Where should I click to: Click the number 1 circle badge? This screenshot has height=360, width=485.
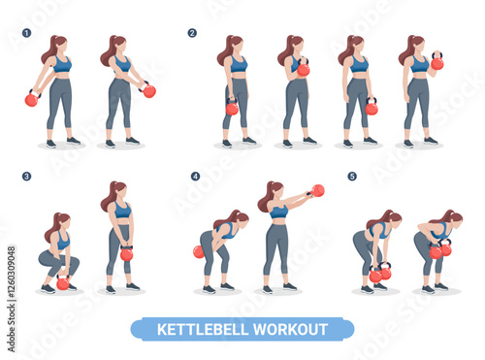26,33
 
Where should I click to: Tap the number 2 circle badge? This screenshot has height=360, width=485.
192,33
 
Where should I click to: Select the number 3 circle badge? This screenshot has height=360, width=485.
26,177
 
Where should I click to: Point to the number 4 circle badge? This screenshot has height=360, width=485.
195,177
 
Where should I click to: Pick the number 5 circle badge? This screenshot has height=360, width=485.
352,177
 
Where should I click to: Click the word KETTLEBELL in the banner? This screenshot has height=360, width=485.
204,330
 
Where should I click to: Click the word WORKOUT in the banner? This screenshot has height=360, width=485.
290,330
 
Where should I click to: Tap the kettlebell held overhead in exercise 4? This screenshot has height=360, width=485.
316,191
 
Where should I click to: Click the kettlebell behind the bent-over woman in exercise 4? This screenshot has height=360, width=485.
199,252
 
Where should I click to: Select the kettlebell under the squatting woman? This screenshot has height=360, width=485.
63,282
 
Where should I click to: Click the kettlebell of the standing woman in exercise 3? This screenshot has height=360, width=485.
126,253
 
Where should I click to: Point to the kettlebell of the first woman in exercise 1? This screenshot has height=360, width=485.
33,98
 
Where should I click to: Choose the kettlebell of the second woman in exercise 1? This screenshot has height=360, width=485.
148,89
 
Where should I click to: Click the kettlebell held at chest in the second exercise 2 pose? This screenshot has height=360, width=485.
304,68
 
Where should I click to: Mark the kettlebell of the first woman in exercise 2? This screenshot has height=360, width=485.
232,107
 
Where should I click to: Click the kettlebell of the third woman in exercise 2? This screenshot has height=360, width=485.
372,107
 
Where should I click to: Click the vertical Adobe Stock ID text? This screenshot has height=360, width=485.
11,299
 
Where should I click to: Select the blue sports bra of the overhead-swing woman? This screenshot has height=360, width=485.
278,212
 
